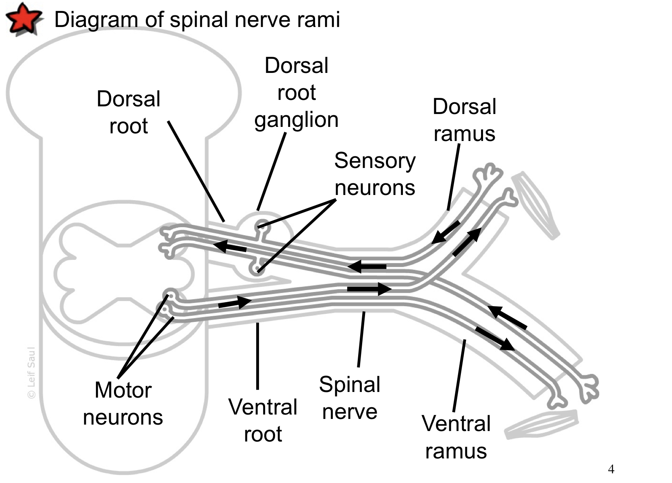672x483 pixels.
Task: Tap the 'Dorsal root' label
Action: click(129, 112)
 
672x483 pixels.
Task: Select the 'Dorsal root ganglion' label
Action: click(297, 93)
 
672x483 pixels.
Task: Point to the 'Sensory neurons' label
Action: click(375, 174)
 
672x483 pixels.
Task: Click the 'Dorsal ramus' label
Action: click(464, 120)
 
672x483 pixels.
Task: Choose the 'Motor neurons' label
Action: click(123, 404)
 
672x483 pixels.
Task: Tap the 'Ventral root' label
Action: click(263, 421)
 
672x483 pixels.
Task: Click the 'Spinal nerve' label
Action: click(350, 398)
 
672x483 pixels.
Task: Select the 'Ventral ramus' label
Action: click(456, 437)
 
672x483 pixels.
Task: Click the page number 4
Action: click(611, 469)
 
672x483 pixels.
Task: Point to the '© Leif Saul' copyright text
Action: click(31, 373)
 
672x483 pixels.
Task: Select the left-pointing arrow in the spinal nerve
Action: click(367, 266)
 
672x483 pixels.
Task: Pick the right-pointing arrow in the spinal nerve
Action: click(369, 288)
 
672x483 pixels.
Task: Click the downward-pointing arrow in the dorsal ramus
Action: click(446, 232)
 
